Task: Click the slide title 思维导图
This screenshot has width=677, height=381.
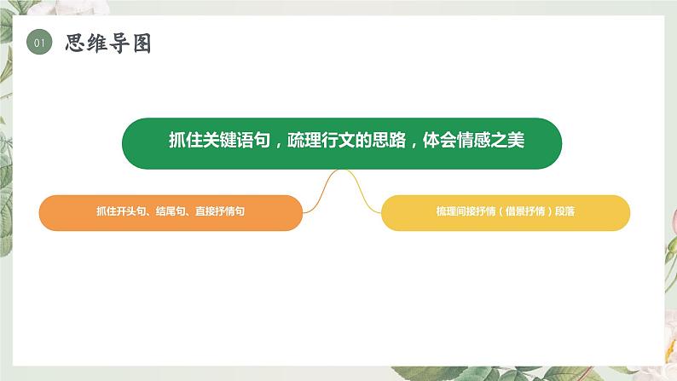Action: pos(108,43)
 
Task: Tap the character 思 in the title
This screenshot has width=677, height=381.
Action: pos(77,43)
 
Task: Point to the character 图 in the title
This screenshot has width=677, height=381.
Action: pos(141,43)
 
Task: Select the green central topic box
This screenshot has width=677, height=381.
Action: pos(341,142)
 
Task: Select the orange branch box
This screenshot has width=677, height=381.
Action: pos(171,212)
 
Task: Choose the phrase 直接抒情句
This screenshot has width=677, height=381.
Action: pos(220,212)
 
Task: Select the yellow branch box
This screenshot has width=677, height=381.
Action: pos(505,212)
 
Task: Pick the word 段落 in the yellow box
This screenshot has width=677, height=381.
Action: pos(564,212)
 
